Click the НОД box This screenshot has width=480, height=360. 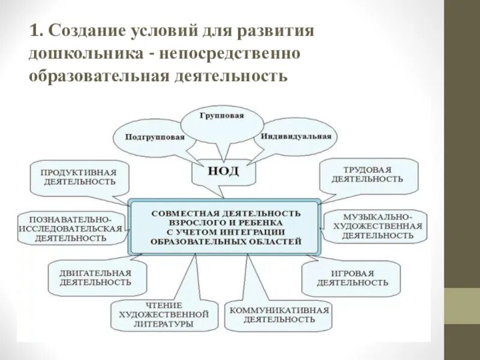223,171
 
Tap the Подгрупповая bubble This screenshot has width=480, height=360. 155,136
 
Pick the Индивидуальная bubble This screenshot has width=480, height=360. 296,136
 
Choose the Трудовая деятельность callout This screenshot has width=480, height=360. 367,174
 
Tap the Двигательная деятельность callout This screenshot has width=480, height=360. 95,277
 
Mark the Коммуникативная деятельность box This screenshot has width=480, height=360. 278,314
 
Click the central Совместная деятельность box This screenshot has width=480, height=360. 226,227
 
